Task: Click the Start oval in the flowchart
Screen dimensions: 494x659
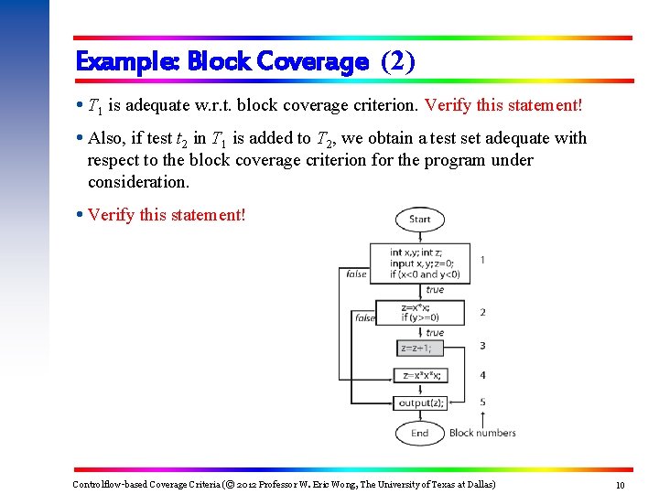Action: click(420, 220)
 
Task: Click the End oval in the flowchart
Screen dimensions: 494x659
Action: click(419, 433)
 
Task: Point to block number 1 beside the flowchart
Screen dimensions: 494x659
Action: click(482, 260)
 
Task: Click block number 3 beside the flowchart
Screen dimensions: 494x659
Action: click(482, 346)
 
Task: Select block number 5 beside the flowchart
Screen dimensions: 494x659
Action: click(482, 402)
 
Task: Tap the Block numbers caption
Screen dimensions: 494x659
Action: click(482, 433)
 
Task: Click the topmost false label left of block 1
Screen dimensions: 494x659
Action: click(356, 274)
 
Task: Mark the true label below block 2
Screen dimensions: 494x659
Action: click(435, 333)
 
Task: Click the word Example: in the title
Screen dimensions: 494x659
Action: click(127, 62)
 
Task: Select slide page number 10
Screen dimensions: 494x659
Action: click(621, 485)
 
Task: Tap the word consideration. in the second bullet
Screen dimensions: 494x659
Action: click(138, 182)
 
